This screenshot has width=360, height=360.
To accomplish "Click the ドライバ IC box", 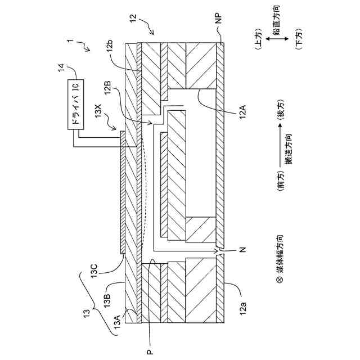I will point(76,105).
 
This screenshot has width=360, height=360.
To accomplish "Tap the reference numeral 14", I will point(61,69).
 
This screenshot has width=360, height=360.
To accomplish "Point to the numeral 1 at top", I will point(70,42).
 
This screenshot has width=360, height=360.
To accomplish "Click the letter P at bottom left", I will point(149,351).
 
